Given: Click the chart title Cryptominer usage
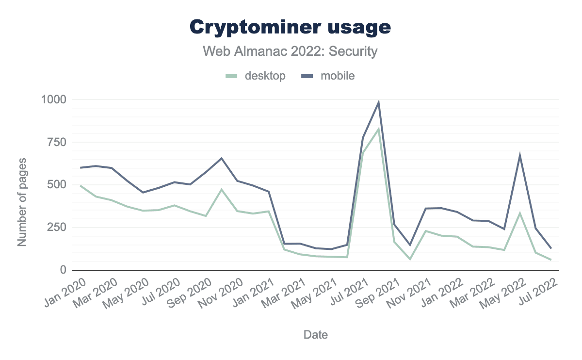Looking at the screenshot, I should (x=290, y=27).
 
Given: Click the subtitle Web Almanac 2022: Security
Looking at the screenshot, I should (x=290, y=51).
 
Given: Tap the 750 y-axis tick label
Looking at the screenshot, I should (x=57, y=142).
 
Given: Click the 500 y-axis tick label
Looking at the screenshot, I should (x=57, y=185).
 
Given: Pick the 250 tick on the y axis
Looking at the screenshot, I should (x=57, y=228).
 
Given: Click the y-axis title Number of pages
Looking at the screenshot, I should (x=22, y=201).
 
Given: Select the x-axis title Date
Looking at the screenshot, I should (x=315, y=334).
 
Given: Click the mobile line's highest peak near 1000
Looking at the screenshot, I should (x=378, y=102).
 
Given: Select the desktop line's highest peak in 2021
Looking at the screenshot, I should (x=378, y=129).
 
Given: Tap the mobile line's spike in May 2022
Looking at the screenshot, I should (x=520, y=155).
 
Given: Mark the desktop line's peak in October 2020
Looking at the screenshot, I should (x=222, y=190).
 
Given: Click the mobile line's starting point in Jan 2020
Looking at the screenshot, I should (x=81, y=167).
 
